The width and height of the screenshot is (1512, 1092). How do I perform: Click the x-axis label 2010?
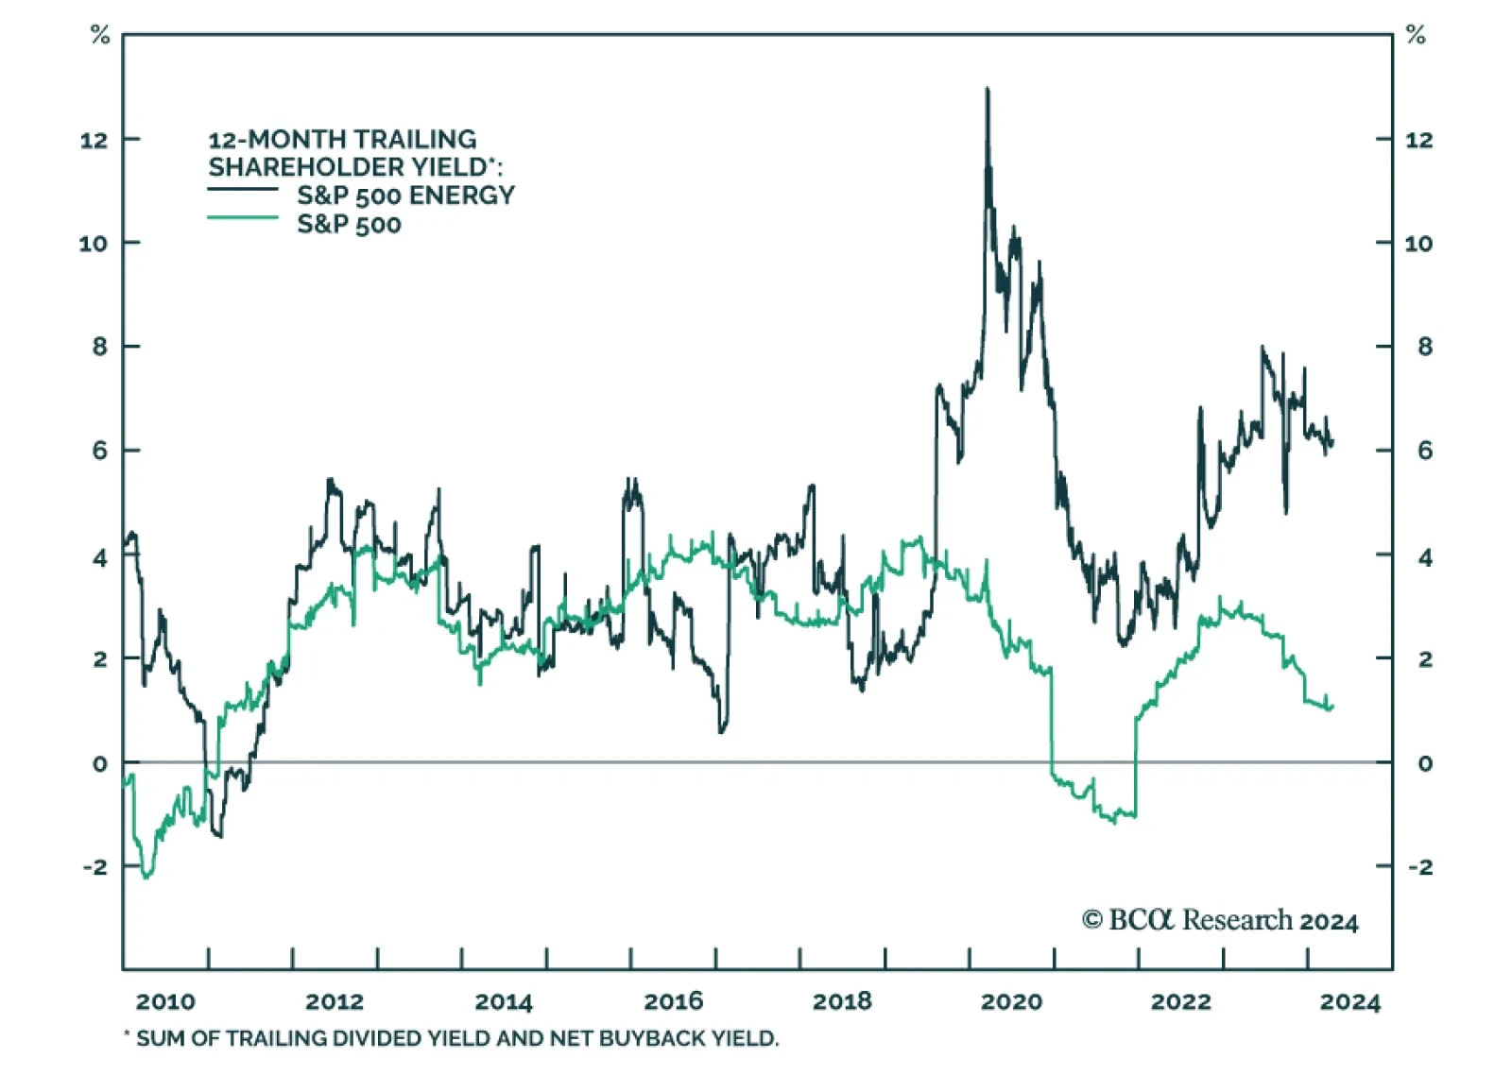click(165, 1002)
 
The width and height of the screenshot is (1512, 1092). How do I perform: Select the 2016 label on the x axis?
click(673, 1002)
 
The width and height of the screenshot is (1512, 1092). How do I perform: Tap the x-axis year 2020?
click(1011, 1002)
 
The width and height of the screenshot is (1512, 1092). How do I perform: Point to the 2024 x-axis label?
click(1349, 1002)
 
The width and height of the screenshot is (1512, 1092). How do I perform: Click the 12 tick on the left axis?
click(94, 141)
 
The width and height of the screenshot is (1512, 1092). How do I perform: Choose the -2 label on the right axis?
click(1418, 867)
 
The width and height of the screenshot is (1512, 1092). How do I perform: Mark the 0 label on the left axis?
click(100, 763)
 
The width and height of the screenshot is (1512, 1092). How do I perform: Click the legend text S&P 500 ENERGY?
click(405, 196)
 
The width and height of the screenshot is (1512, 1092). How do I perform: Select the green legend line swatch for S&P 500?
click(243, 218)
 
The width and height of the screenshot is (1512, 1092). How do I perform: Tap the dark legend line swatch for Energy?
click(243, 190)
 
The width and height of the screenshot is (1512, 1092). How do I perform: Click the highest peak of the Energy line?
click(988, 89)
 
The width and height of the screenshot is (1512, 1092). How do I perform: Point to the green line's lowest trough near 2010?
click(146, 878)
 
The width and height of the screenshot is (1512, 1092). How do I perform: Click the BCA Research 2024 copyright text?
click(1220, 920)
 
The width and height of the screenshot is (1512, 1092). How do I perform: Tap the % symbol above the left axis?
click(100, 36)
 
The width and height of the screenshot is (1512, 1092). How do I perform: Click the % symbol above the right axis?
click(1416, 36)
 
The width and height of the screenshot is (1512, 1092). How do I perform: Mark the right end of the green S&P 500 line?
click(1332, 706)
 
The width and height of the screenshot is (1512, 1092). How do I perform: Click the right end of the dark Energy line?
click(1332, 442)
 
